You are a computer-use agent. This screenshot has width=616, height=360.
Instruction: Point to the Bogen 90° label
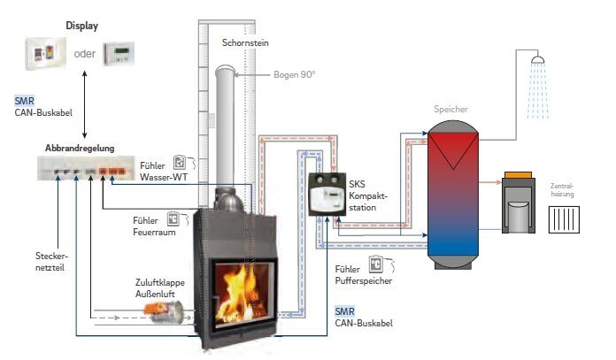(295, 74)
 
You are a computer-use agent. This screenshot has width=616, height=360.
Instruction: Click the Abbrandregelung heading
(80, 148)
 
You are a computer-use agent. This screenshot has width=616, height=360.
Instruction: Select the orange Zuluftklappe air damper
(166, 308)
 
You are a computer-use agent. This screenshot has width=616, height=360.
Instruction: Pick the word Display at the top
(81, 25)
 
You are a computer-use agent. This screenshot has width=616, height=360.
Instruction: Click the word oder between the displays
(85, 53)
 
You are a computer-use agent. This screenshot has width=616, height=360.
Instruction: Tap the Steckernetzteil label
(40, 259)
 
